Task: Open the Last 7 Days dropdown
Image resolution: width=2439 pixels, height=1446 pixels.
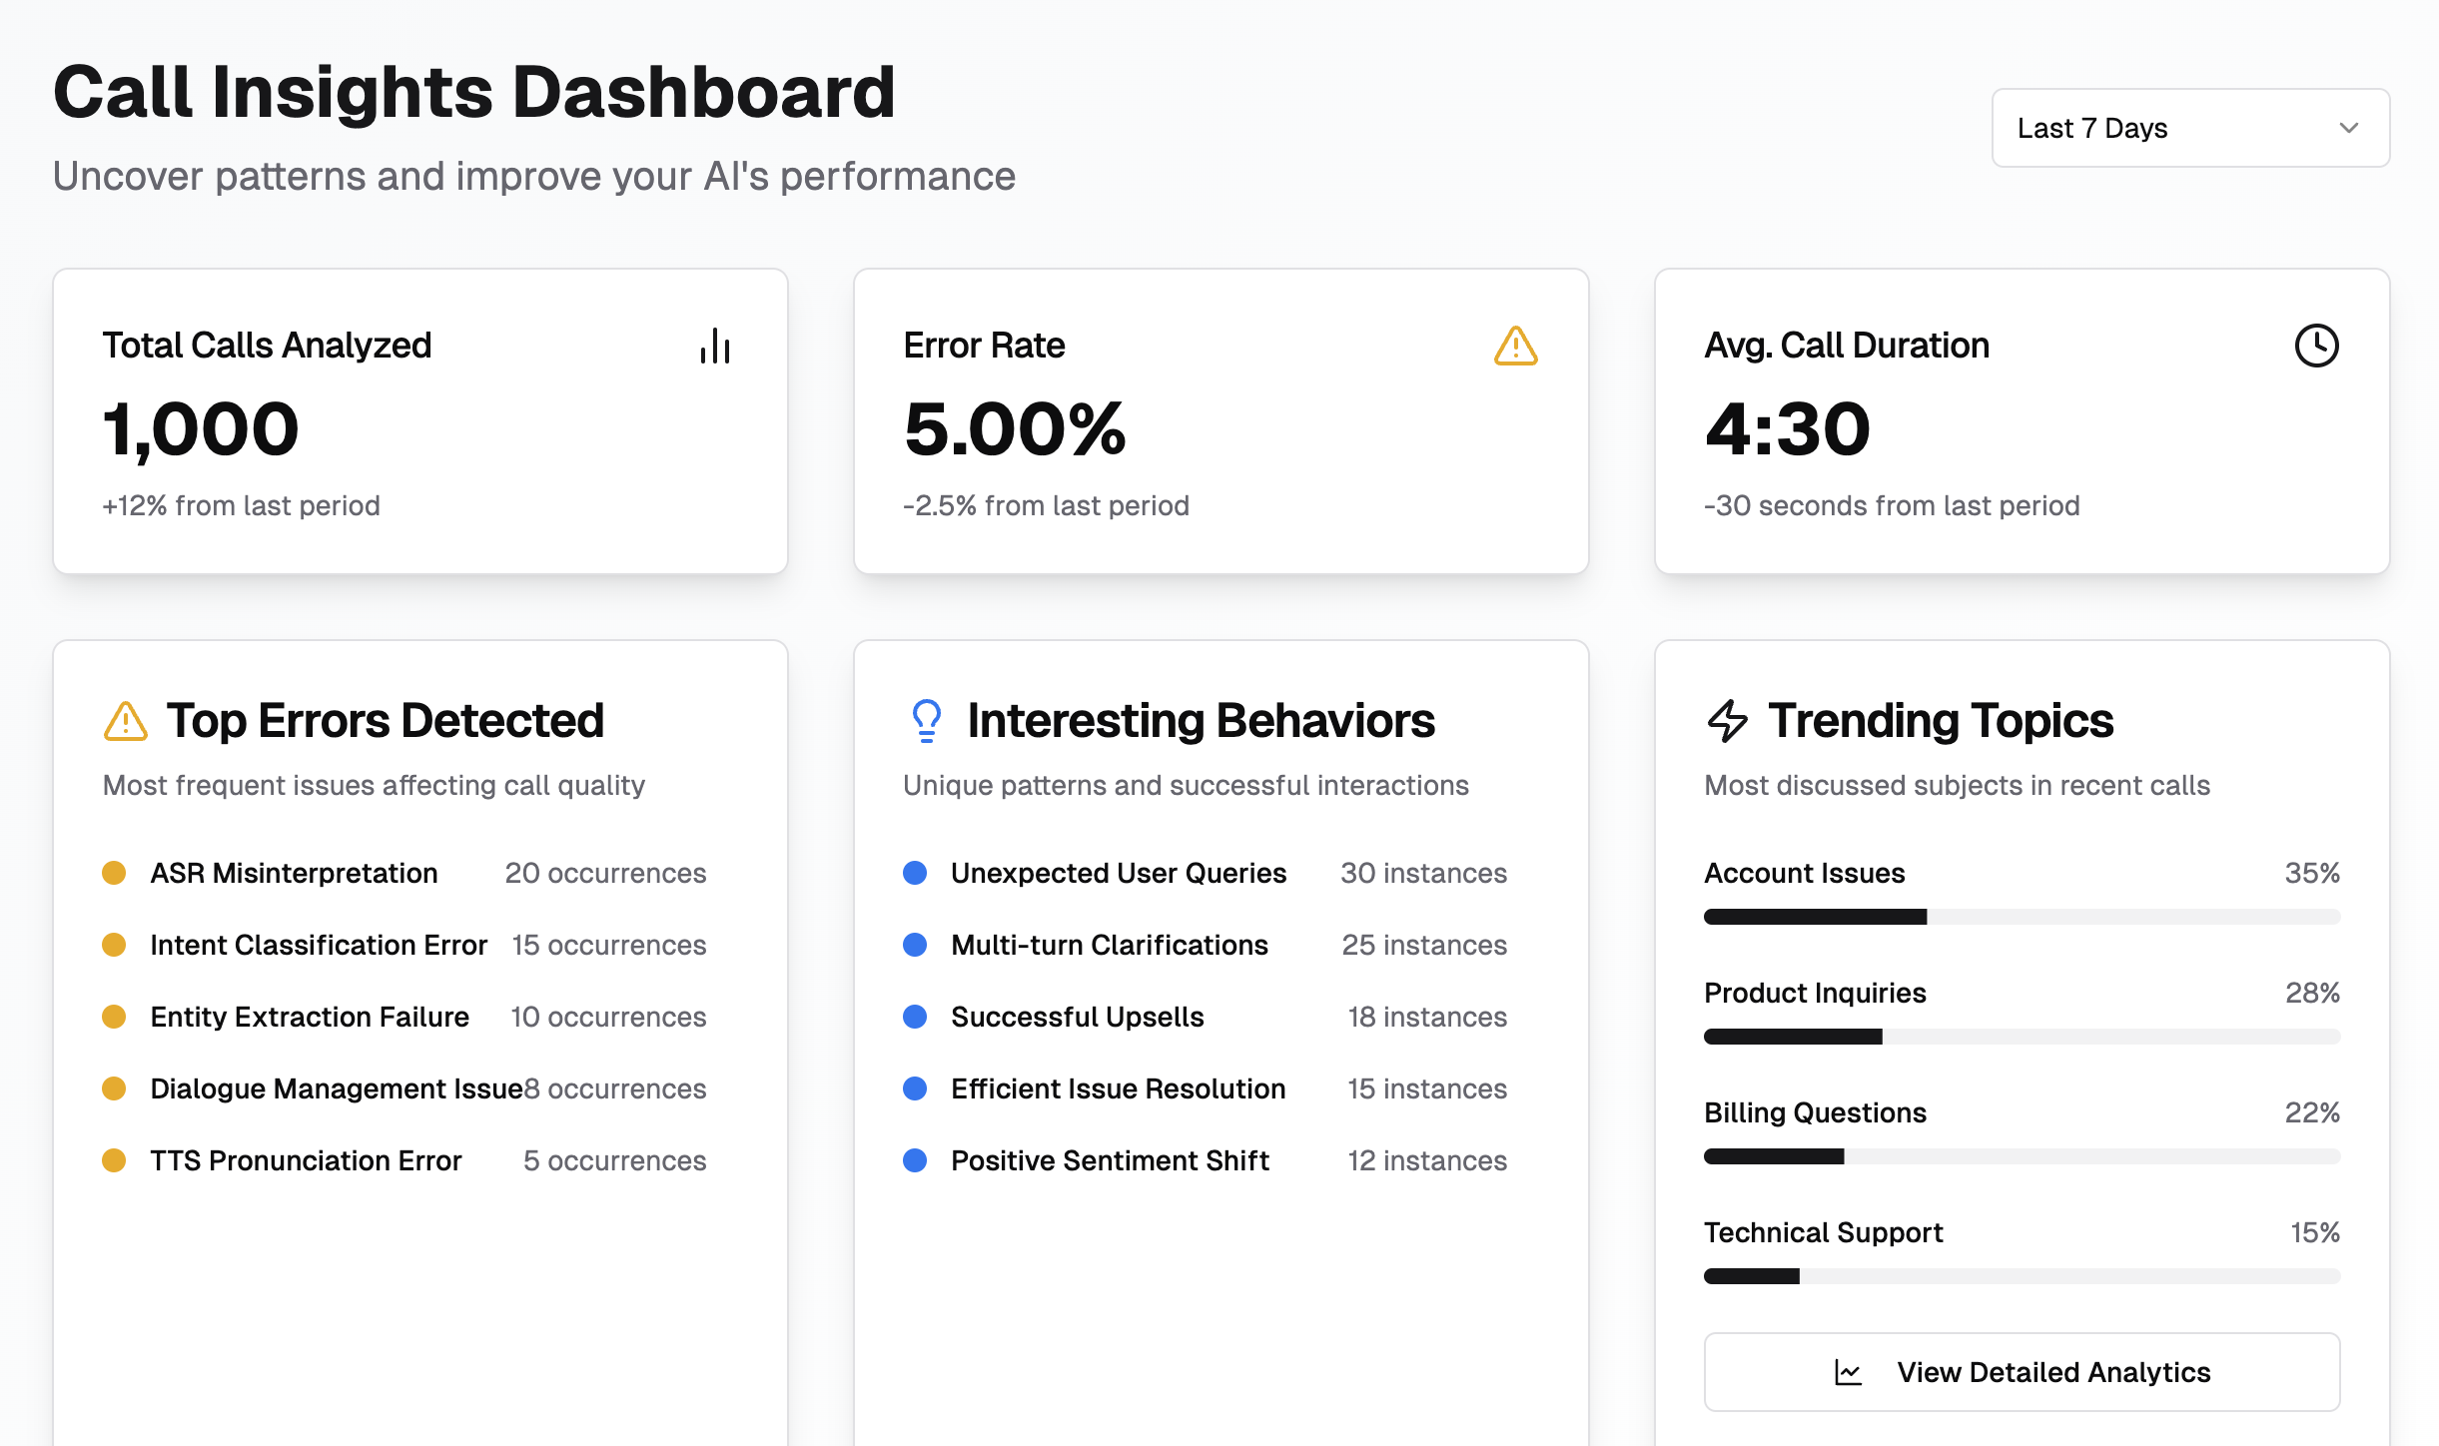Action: tap(2189, 128)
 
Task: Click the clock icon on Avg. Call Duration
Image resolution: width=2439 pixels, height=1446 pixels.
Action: tap(2316, 346)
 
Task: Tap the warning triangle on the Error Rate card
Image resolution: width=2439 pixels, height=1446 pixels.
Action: tap(1515, 347)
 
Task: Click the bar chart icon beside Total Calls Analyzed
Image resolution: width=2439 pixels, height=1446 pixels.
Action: tap(715, 347)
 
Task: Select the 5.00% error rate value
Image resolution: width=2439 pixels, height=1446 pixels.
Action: tap(1015, 429)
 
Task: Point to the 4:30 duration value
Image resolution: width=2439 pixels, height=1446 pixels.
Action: tap(1787, 429)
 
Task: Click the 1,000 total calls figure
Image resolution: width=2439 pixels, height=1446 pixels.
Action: tap(201, 429)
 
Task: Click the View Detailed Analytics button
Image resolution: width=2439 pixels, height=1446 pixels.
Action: tap(2022, 1372)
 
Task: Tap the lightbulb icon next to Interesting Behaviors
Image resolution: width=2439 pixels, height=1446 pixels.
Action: tap(926, 720)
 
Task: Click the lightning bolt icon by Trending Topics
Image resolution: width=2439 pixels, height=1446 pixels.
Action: tap(1727, 720)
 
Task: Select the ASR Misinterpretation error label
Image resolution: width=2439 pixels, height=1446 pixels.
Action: tap(294, 873)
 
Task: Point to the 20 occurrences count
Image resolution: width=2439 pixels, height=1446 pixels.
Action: tap(605, 873)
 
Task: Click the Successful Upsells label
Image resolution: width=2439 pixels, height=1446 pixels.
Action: tap(1077, 1017)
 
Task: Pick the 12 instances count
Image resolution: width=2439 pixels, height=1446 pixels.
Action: tap(1427, 1160)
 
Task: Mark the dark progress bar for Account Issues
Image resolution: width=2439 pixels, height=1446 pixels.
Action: tap(1815, 917)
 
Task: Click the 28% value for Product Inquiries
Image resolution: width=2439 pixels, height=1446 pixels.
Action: tap(2312, 993)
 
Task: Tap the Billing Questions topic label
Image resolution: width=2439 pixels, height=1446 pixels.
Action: tap(1815, 1112)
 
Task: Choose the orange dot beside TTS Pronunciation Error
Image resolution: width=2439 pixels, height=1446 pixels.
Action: tap(114, 1160)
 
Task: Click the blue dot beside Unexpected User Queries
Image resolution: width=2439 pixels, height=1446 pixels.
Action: tap(915, 873)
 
